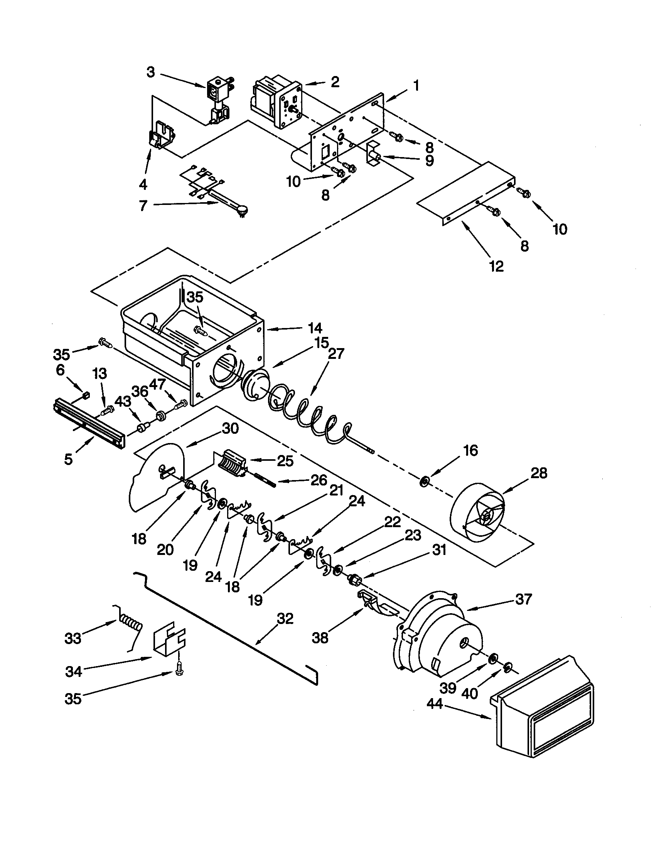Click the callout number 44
tap(435, 704)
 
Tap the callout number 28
tap(539, 473)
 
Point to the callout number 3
tap(151, 72)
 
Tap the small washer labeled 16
tap(424, 482)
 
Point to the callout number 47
tap(157, 386)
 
